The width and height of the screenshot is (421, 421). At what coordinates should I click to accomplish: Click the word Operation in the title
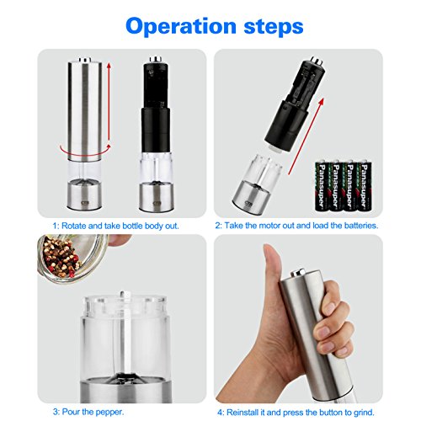pos(181,26)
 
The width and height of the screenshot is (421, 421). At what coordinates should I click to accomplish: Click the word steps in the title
pos(274,27)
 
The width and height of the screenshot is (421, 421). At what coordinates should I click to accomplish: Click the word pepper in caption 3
pos(109,413)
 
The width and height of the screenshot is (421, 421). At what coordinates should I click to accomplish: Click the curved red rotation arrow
pos(85,150)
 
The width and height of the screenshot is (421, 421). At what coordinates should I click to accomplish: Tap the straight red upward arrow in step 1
pos(109,104)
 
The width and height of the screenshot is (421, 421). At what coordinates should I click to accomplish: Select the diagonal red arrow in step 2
pos(306,136)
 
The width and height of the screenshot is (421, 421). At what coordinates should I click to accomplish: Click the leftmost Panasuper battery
pos(322,186)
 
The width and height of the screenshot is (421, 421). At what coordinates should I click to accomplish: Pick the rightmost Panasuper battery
pos(365,186)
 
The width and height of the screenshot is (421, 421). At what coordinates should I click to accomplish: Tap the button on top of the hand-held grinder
pos(298,272)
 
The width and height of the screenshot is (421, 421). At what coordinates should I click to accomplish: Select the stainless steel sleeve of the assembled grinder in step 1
pos(85,111)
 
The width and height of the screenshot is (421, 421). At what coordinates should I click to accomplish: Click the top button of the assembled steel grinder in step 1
pos(85,60)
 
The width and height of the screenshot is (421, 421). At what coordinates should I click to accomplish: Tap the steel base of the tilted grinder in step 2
pos(251,199)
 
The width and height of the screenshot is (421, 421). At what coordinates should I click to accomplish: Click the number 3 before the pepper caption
pos(56,412)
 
